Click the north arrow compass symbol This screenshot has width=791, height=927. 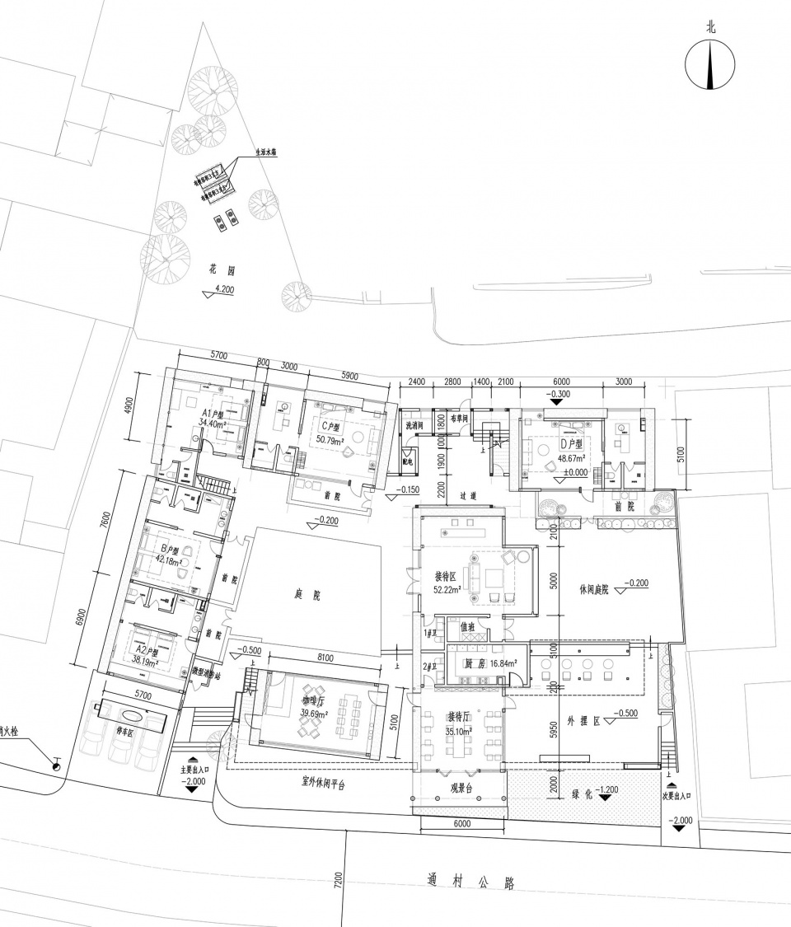click(711, 65)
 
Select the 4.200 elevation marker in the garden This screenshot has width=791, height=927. click(223, 289)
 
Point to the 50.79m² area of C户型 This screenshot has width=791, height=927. click(332, 438)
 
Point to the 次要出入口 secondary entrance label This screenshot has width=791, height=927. click(676, 796)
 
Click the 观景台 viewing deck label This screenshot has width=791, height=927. click(460, 786)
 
